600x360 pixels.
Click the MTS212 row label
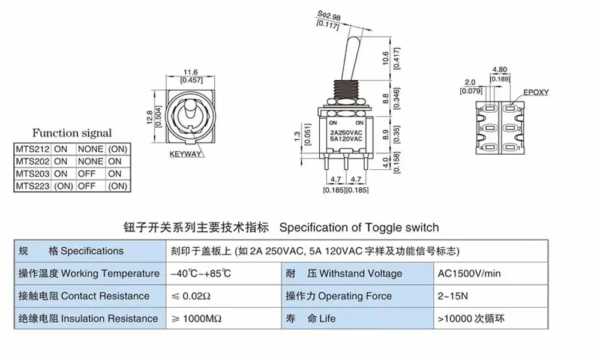(x=33, y=149)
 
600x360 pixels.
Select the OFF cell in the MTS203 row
(x=86, y=173)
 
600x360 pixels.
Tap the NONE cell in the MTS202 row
(x=91, y=161)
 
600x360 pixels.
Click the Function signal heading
(x=72, y=133)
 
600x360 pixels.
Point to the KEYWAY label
(x=185, y=154)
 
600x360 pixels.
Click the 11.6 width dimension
(x=191, y=72)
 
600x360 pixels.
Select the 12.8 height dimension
(x=149, y=118)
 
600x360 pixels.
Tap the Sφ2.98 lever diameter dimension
(x=329, y=16)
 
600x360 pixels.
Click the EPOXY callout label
(x=536, y=92)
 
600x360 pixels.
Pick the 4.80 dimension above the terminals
(x=499, y=70)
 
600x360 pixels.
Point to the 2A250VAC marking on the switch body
(x=346, y=133)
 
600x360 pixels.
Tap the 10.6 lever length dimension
(x=385, y=58)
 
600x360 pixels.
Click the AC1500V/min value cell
(x=469, y=274)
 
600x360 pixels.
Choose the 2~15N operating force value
(x=452, y=296)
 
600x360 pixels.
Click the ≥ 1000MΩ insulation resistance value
(x=196, y=319)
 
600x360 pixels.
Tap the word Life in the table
(x=327, y=319)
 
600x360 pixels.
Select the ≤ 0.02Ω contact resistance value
(x=191, y=296)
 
